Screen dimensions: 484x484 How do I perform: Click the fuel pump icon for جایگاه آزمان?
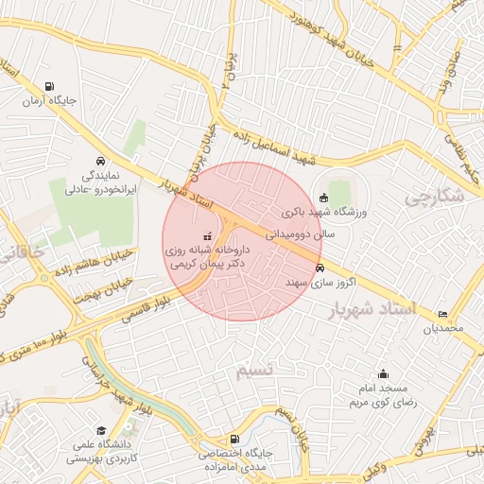pos(50,84)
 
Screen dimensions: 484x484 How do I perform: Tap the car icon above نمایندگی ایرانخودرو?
pos(101,160)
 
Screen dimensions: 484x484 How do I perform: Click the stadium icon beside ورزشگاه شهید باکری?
pos(325,198)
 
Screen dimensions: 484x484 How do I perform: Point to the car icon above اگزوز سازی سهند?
pos(320,268)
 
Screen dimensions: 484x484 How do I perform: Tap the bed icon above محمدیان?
pos(443,314)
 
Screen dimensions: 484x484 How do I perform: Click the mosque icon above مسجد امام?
pos(383,373)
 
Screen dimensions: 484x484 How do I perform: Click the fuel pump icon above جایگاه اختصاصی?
pos(234,439)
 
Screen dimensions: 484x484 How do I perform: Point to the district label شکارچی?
pos(434,197)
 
